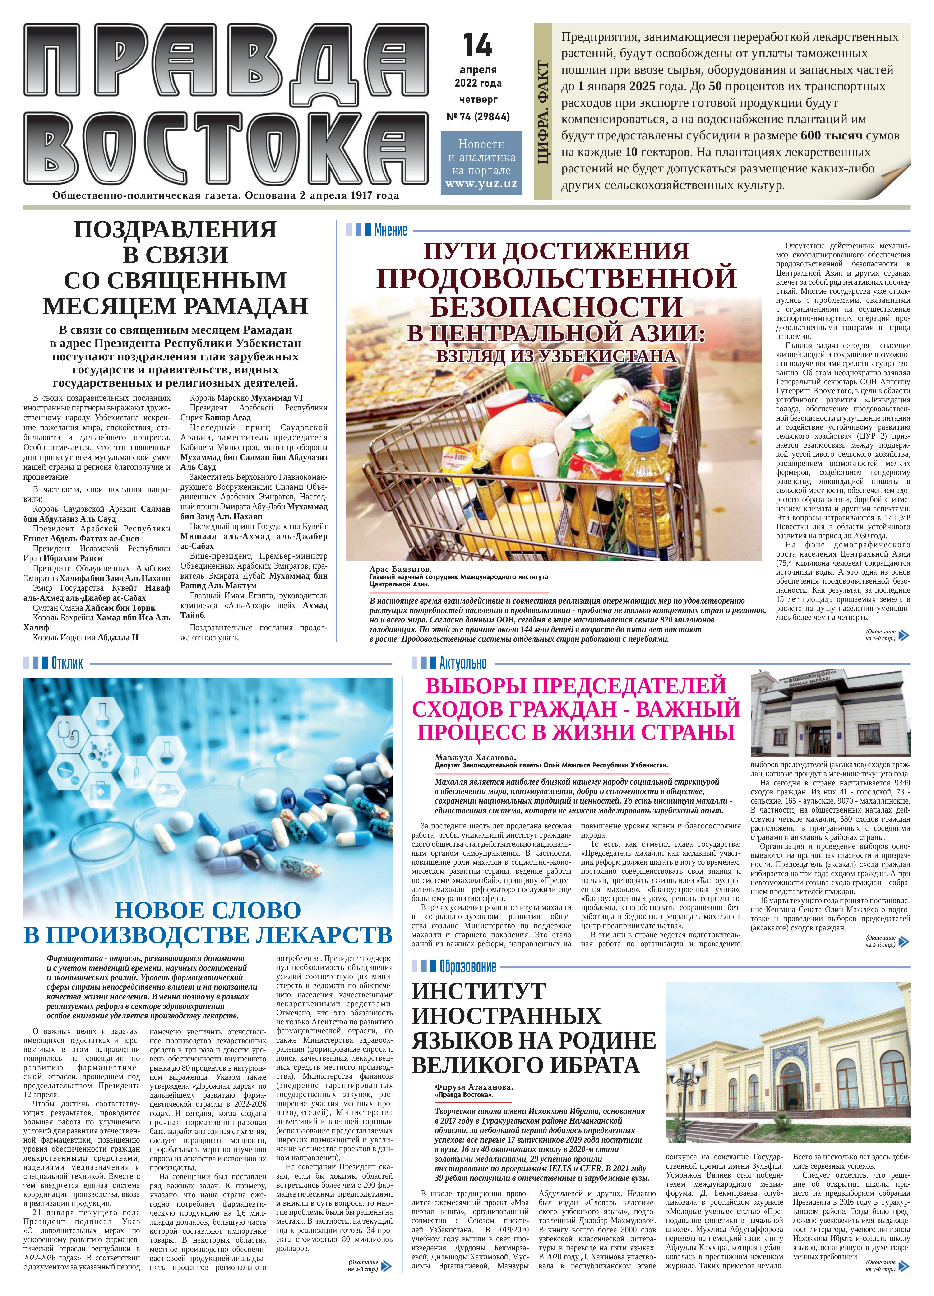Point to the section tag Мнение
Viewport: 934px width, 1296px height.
tap(391, 231)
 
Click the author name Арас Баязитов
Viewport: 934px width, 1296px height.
tap(400, 569)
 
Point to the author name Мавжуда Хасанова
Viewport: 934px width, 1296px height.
tap(475, 758)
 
